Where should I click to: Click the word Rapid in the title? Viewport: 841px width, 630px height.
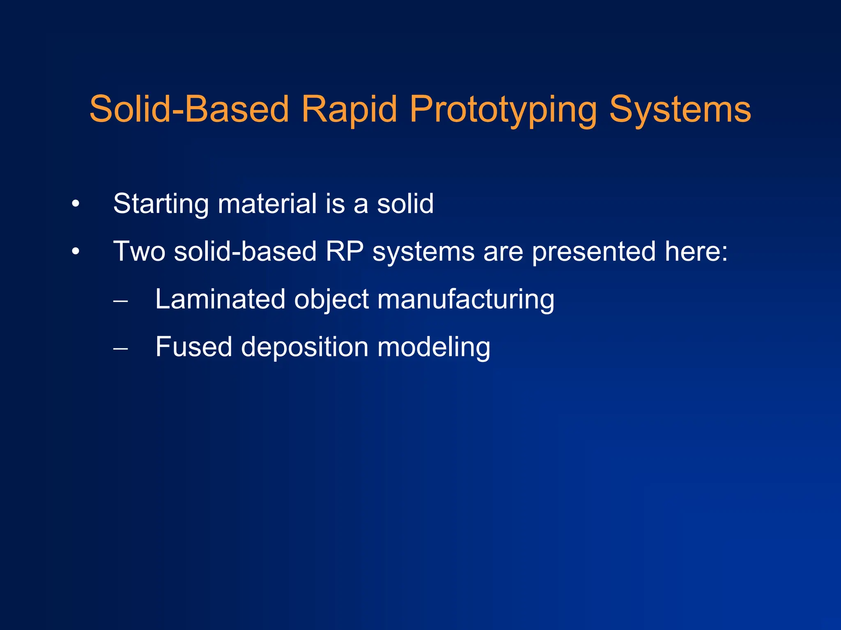(349, 109)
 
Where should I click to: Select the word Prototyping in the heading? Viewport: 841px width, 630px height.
(503, 109)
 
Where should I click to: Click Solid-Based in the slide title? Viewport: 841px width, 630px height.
(189, 109)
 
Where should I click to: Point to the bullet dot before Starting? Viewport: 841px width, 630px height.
(75, 204)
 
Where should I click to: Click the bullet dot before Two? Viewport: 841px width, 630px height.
(75, 251)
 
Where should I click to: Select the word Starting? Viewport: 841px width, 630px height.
(161, 204)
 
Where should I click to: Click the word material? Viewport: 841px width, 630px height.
(267, 204)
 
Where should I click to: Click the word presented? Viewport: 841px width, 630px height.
(594, 251)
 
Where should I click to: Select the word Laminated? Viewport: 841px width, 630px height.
(220, 299)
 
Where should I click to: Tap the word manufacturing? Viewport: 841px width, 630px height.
(466, 299)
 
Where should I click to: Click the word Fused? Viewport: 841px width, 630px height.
(193, 347)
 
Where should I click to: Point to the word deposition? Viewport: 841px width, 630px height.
(304, 347)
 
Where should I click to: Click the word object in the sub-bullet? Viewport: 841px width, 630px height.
(331, 299)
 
